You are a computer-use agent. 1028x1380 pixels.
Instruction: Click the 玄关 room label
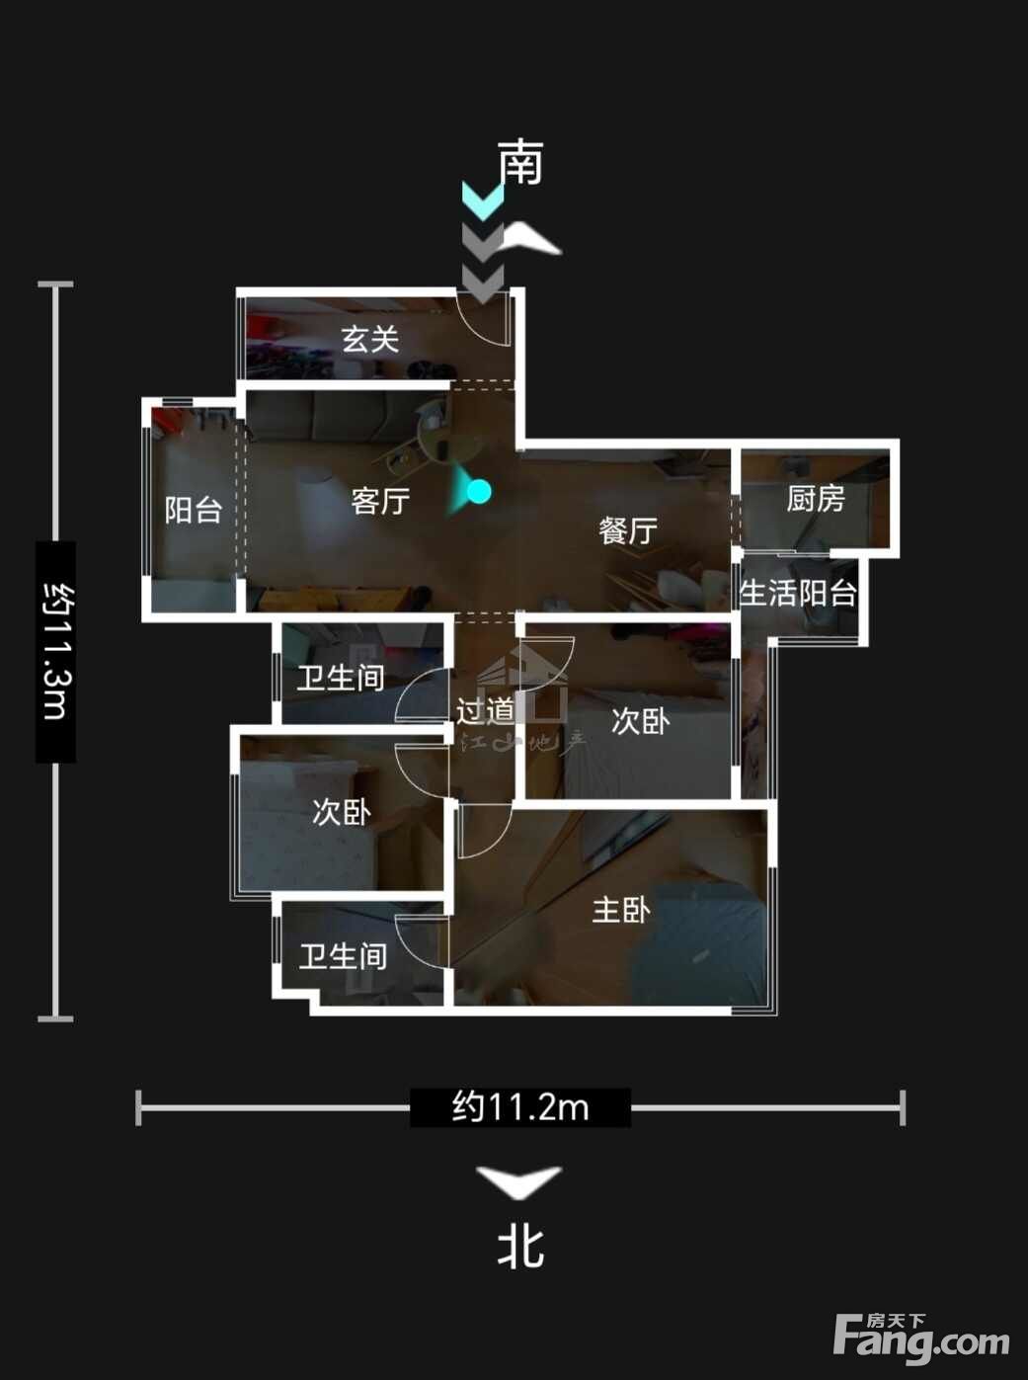coord(369,340)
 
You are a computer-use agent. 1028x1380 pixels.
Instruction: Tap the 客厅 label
coord(380,501)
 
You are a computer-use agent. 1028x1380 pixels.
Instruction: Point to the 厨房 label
coord(815,499)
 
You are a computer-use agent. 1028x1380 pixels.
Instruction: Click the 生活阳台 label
coord(798,592)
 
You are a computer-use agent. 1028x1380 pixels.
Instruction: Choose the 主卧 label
coord(621,910)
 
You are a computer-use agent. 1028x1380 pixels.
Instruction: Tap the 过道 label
coord(486,711)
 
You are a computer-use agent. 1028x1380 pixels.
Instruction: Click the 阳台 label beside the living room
coord(194,510)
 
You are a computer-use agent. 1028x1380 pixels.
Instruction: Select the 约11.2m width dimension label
coord(520,1107)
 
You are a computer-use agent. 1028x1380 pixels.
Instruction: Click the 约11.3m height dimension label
coord(56,651)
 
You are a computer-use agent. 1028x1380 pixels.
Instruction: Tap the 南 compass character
coord(520,162)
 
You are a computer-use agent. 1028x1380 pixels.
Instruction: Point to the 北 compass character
coord(520,1247)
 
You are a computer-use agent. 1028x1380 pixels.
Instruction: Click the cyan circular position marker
coord(479,492)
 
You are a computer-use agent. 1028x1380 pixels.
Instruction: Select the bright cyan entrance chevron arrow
coord(482,201)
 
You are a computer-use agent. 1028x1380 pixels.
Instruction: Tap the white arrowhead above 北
coord(519,1180)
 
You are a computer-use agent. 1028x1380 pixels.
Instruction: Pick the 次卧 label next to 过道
coord(640,722)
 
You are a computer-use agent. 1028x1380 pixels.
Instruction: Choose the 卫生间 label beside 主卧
coord(343,956)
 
